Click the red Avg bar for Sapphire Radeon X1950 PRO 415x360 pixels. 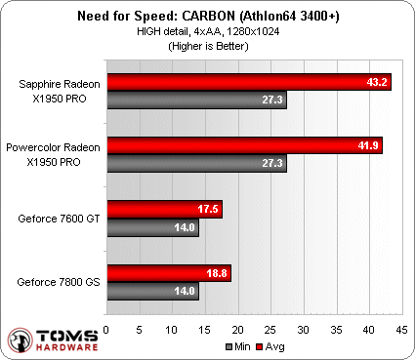(x=248, y=82)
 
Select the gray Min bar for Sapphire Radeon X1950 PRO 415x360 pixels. (x=196, y=100)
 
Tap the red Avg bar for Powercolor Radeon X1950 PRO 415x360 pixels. (x=244, y=145)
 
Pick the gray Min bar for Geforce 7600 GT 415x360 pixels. (x=152, y=228)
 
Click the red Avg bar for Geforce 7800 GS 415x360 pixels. (x=168, y=274)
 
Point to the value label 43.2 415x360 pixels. (x=376, y=82)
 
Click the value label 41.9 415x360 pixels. (x=367, y=145)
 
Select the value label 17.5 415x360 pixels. (x=208, y=210)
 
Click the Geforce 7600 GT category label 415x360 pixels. (x=57, y=220)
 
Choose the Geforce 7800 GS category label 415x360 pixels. (x=57, y=283)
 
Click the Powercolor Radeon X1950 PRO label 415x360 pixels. (x=55, y=155)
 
